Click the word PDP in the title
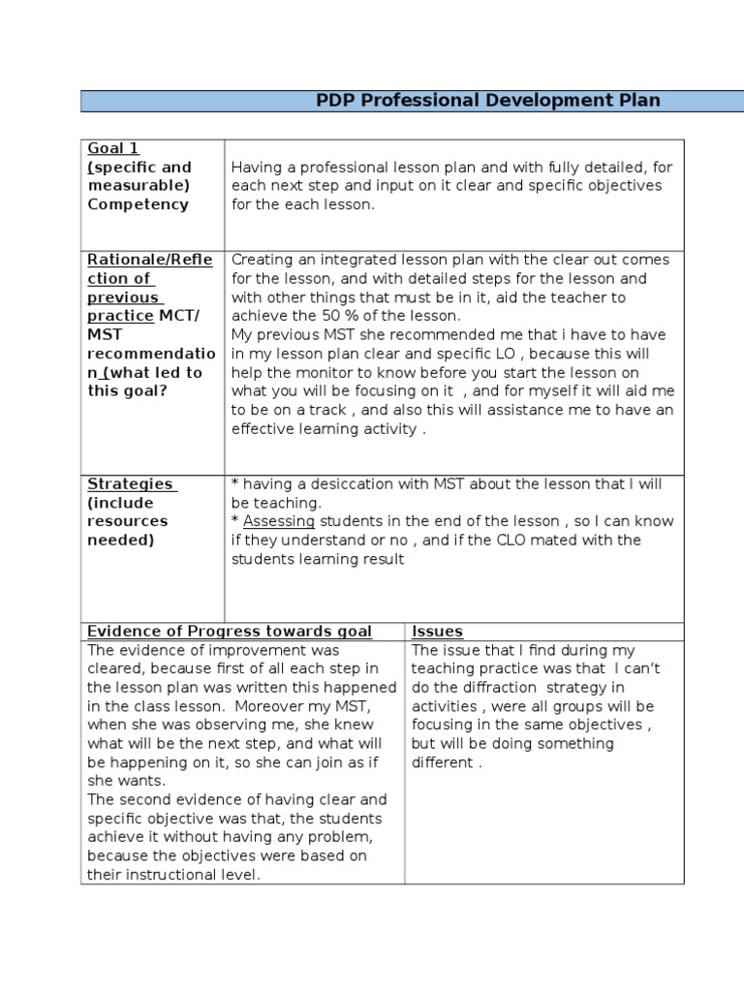(x=336, y=101)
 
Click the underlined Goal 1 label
(x=113, y=148)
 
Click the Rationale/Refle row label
(x=150, y=260)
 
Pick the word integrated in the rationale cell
(x=351, y=260)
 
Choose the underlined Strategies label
(x=131, y=483)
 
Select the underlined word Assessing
(x=279, y=521)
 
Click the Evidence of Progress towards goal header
(x=230, y=631)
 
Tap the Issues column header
(x=437, y=631)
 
